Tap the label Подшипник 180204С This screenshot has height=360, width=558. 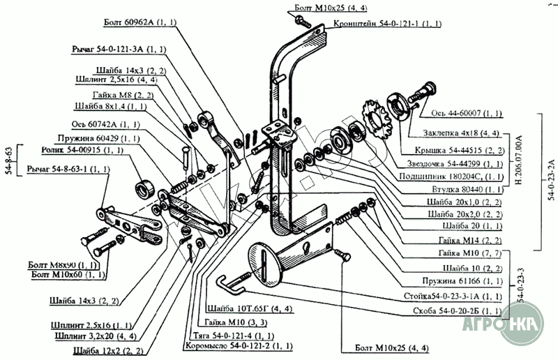coord(458,177)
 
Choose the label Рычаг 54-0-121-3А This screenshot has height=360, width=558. coord(118,50)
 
